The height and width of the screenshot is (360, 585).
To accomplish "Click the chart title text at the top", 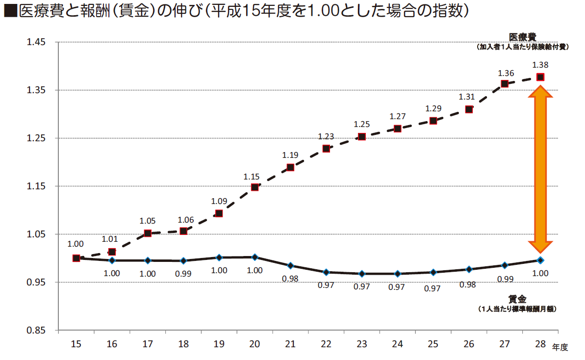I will (235, 12).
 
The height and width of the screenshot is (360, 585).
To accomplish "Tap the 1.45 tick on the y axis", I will (36, 42).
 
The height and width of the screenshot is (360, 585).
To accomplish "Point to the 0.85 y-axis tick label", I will (36, 330).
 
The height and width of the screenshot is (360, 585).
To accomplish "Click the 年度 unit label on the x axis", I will (560, 347).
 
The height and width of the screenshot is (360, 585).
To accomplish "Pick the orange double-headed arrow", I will (540, 169).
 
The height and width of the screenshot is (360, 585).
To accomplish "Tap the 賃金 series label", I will (517, 299).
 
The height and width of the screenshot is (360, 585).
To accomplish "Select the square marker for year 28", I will (540, 77).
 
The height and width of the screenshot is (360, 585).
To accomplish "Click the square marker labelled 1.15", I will (254, 187).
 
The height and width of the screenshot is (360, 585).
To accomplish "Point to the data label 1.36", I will (506, 73).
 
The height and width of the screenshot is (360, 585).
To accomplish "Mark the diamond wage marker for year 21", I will (290, 266).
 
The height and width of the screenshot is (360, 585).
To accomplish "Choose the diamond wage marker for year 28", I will (540, 260).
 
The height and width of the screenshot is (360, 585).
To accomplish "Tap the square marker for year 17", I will (148, 233).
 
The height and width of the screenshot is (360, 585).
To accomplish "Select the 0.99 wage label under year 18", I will (183, 274).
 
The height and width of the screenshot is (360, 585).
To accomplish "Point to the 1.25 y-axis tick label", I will (36, 138).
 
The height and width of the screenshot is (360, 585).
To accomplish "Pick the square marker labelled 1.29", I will (433, 121).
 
